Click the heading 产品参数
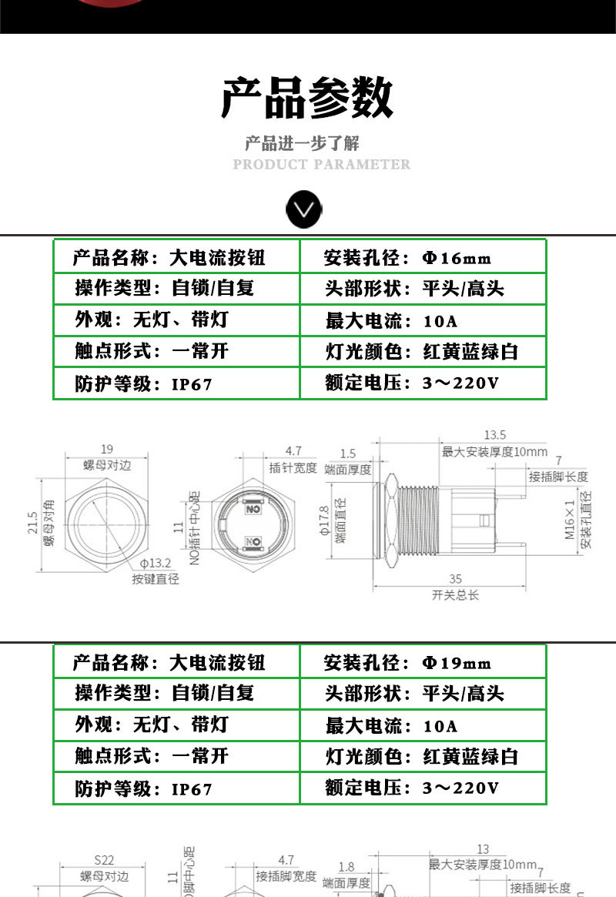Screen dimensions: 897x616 [x=307, y=98]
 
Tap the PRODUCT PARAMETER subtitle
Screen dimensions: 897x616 [x=321, y=164]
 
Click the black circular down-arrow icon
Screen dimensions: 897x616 [x=304, y=209]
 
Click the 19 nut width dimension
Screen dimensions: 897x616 [x=107, y=450]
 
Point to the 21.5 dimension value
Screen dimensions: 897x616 [x=32, y=524]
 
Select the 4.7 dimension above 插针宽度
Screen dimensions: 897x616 [x=293, y=451]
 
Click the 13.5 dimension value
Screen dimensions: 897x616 [x=494, y=435]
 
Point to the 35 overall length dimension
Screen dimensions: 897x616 [x=457, y=578]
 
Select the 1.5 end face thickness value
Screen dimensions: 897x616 [x=347, y=454]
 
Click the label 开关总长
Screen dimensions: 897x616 [x=456, y=594]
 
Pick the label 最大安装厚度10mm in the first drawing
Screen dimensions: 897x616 [x=494, y=452]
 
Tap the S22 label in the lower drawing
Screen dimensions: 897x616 [x=104, y=860]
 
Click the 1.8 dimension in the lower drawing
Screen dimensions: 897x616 [x=346, y=867]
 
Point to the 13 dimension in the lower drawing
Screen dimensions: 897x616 [x=484, y=849]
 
